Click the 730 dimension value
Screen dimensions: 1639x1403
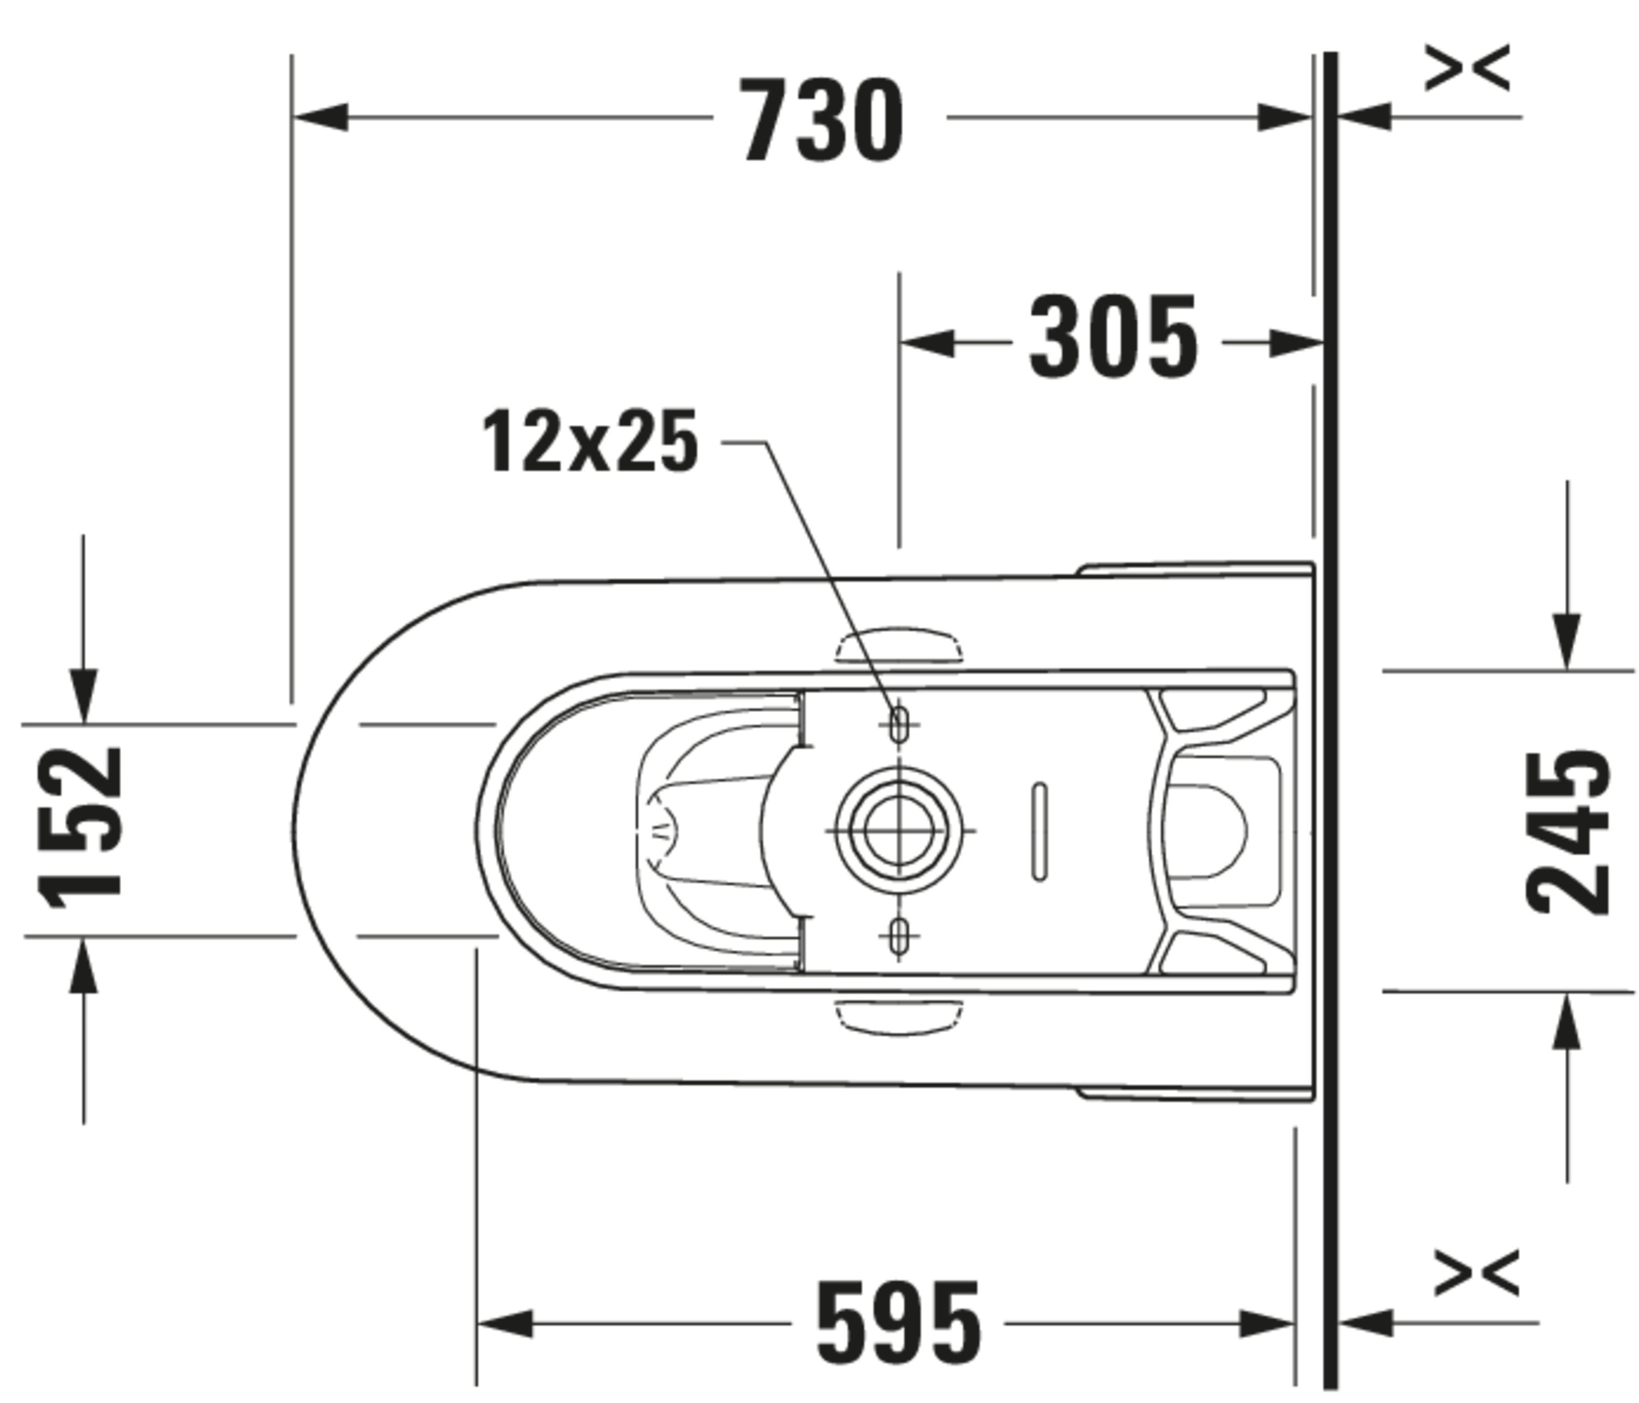823,120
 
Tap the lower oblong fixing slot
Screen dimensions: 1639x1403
899,937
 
